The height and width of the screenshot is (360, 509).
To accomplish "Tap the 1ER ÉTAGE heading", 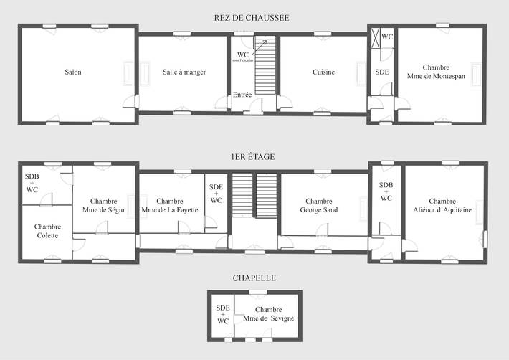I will (252, 156).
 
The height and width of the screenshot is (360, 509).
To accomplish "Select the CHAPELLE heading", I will (254, 278).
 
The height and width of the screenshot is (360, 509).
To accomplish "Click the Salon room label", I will (73, 72).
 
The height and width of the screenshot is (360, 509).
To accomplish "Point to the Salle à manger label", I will (184, 72).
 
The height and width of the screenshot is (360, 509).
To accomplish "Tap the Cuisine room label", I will (323, 72).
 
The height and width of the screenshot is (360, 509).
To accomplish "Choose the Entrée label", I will (242, 95).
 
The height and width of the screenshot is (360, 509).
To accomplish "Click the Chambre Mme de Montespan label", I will (440, 72).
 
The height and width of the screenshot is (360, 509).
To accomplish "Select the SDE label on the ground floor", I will (381, 72).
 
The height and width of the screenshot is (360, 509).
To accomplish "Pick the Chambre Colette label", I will (47, 231).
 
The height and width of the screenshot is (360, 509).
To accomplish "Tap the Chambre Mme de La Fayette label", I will (170, 206).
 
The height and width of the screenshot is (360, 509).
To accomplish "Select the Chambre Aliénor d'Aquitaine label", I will (442, 206).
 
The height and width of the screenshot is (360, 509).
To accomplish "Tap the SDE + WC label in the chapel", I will (223, 314).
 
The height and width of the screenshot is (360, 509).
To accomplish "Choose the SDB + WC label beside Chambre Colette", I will (32, 183).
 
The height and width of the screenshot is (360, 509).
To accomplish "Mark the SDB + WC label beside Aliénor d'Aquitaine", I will (386, 191).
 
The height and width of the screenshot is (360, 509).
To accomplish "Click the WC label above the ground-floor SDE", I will (387, 37).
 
